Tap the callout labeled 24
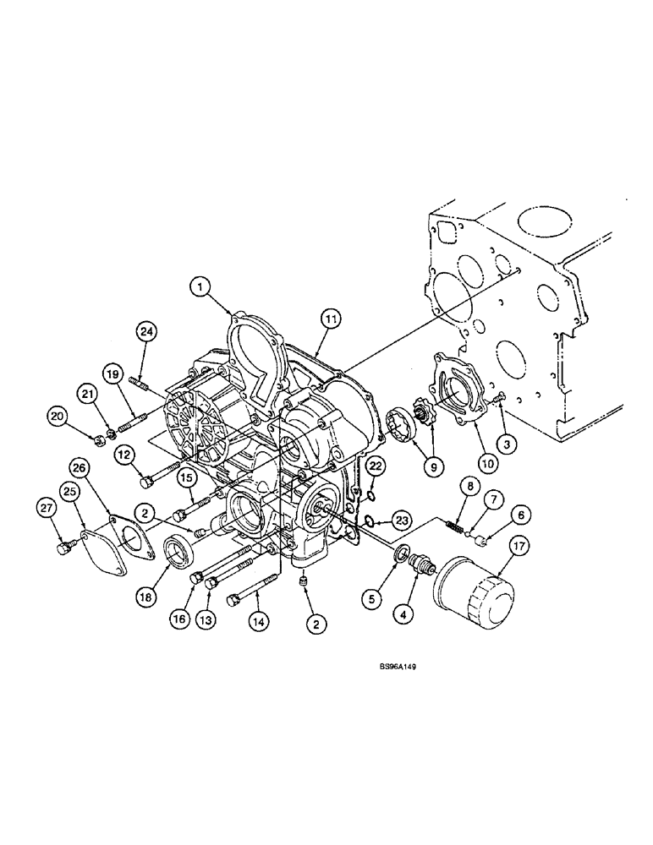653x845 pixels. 146,332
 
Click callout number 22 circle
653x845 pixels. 376,465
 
